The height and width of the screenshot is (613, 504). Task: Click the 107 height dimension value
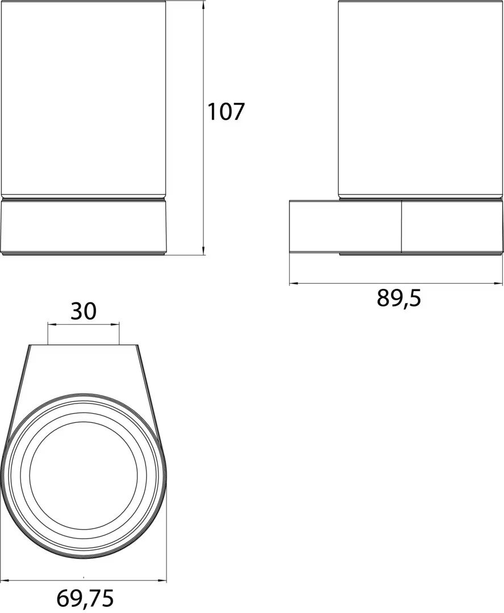[x=225, y=111]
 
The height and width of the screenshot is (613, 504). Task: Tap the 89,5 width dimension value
[x=399, y=298]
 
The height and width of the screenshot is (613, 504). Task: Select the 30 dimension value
[x=84, y=311]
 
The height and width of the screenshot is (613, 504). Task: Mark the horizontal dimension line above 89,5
[x=396, y=283]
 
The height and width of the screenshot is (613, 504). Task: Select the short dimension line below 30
[x=84, y=325]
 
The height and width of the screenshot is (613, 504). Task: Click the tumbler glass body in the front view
[x=84, y=99]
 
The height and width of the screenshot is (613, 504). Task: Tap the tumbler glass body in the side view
[x=420, y=99]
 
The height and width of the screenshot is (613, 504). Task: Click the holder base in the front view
[x=84, y=227]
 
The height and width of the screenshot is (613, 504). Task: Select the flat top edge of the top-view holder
[x=84, y=345]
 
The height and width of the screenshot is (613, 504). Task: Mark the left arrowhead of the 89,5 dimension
[x=293, y=283]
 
